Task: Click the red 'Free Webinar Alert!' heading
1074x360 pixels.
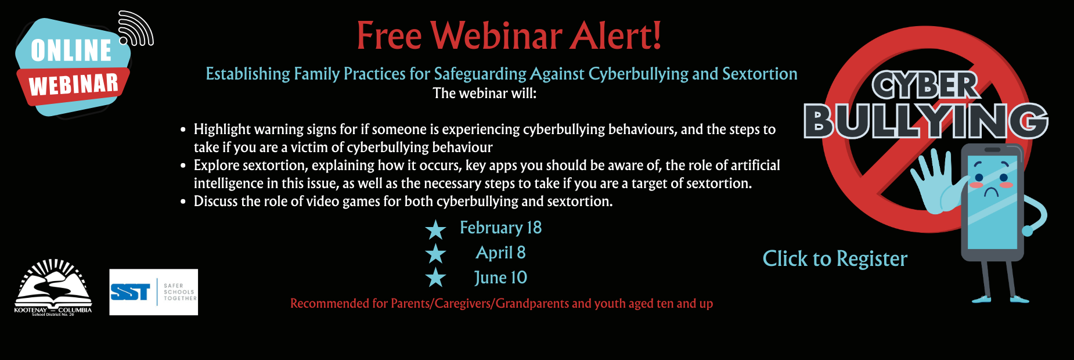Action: coord(509,36)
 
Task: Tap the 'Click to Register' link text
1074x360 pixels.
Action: coord(835,259)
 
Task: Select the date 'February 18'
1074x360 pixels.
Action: coord(500,228)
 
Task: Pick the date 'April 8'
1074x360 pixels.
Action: coord(500,253)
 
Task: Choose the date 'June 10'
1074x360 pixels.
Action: coord(500,278)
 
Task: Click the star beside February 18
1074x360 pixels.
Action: coord(435,230)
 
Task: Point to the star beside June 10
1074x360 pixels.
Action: coord(435,278)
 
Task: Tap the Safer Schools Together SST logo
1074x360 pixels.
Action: coord(154,292)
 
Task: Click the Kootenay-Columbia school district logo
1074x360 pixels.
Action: coord(53,287)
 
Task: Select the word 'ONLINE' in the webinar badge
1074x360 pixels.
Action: coord(71,51)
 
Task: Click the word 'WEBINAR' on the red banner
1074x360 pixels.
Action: coord(74,85)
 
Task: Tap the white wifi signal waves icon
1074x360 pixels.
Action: coord(136,29)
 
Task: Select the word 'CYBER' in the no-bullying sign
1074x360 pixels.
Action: coord(925,86)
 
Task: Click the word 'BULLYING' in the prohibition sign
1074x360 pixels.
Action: coord(926,121)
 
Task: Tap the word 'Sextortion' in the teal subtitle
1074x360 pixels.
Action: coord(760,74)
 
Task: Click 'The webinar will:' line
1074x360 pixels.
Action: coord(485,93)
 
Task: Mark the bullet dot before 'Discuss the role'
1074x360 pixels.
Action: coord(183,201)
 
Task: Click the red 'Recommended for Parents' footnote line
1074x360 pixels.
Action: coord(502,304)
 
